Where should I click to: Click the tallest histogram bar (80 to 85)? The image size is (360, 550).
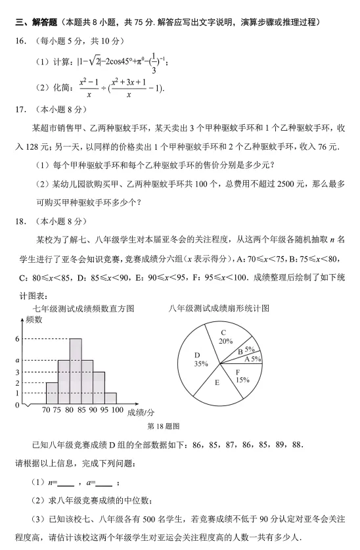coord(76,371)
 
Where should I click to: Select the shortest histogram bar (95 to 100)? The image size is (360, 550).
coord(111,398)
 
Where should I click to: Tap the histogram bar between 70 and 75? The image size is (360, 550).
coord(52,393)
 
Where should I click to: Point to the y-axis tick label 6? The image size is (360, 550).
coord(18,338)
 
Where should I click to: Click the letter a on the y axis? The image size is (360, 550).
coord(18,360)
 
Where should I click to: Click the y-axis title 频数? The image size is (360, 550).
coord(35,321)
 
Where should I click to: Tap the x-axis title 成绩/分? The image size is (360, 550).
coord(140,411)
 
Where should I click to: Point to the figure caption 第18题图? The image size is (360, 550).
coord(164,426)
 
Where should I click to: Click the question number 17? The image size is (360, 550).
coord(22,109)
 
